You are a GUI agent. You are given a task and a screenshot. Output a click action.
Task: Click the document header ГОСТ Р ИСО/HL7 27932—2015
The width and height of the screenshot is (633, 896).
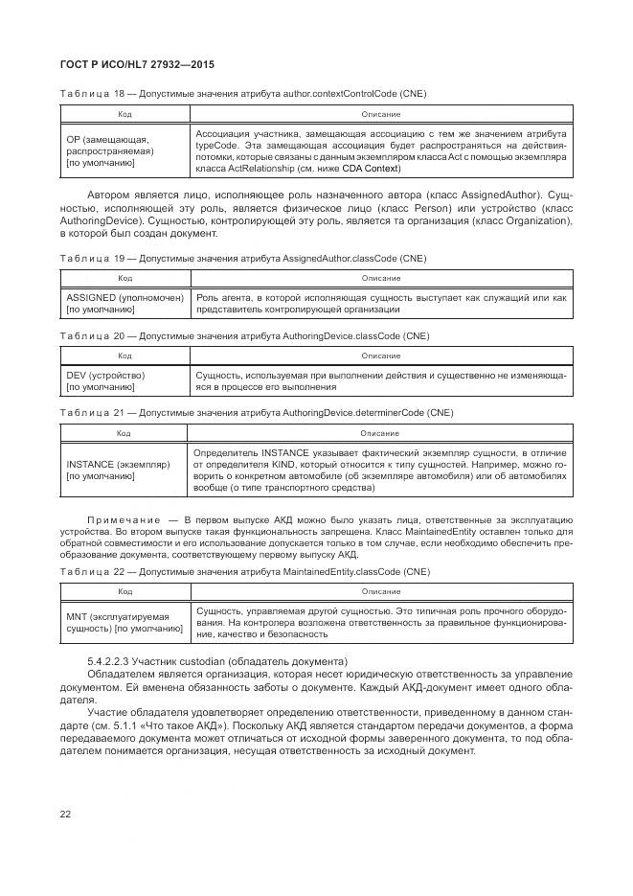point(137,64)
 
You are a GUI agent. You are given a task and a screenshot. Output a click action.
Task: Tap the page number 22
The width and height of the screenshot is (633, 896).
point(66,813)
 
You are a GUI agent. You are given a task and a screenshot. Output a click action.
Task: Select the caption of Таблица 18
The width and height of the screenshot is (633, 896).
point(243,94)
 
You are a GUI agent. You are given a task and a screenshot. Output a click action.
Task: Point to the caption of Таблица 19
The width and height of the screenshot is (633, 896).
point(243,259)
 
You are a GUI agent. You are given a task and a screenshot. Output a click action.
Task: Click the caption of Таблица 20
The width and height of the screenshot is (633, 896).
point(245,335)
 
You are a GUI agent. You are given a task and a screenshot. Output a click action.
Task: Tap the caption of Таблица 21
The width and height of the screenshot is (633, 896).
point(257,412)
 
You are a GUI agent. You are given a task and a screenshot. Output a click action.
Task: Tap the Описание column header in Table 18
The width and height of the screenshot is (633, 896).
point(380,113)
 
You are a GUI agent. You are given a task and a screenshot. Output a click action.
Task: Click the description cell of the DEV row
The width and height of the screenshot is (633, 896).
point(380,381)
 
